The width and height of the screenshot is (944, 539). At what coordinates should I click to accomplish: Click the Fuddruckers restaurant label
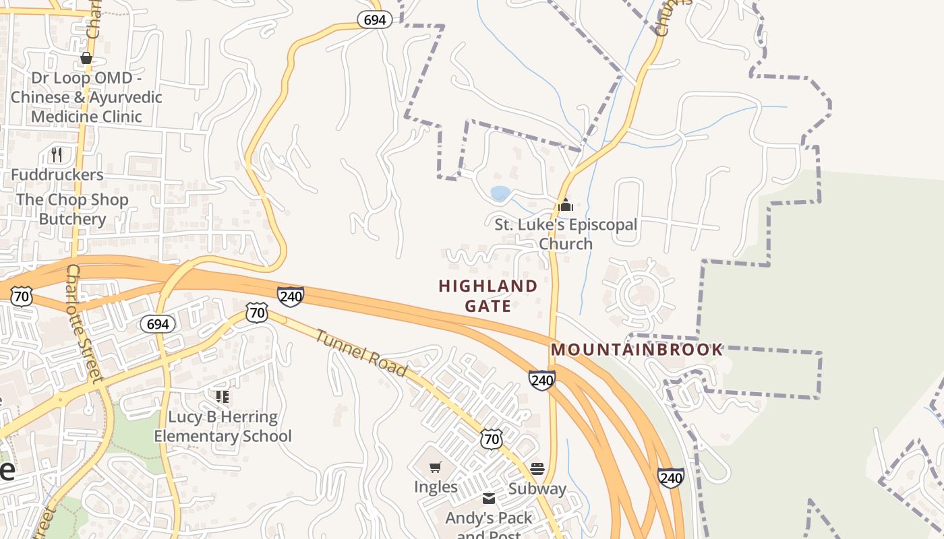pyautogui.click(x=57, y=175)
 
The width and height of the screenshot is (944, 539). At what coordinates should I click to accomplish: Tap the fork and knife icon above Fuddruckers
pyautogui.click(x=57, y=155)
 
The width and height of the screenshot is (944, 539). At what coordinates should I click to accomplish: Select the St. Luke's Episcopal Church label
pyautogui.click(x=566, y=234)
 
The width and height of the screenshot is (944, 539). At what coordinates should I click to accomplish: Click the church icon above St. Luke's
pyautogui.click(x=566, y=205)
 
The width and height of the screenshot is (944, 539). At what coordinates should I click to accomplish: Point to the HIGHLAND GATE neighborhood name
pyautogui.click(x=488, y=296)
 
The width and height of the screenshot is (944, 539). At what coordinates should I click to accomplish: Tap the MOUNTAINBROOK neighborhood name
pyautogui.click(x=637, y=350)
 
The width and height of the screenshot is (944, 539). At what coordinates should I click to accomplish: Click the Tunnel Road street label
pyautogui.click(x=361, y=353)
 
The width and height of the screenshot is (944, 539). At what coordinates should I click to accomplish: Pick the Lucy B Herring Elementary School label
pyautogui.click(x=223, y=426)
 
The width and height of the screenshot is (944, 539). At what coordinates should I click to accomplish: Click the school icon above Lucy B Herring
pyautogui.click(x=223, y=396)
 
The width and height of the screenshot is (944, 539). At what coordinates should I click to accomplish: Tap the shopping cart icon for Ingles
pyautogui.click(x=436, y=467)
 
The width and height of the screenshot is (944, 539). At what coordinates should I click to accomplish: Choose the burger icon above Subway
pyautogui.click(x=537, y=468)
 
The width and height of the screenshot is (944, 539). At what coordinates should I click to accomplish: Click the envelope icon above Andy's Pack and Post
pyautogui.click(x=489, y=499)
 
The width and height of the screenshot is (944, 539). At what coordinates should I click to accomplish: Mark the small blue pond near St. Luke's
pyautogui.click(x=500, y=194)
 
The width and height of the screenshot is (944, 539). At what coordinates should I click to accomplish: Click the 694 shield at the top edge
pyautogui.click(x=374, y=20)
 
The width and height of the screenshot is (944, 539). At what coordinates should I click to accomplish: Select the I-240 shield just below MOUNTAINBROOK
pyautogui.click(x=542, y=380)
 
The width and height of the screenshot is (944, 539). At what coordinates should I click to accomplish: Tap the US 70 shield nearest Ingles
pyautogui.click(x=492, y=439)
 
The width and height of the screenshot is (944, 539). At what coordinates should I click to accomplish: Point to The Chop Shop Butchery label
pyautogui.click(x=72, y=210)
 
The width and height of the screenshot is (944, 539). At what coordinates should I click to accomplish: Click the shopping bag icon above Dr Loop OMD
pyautogui.click(x=86, y=59)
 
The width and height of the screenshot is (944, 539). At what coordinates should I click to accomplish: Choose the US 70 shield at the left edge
pyautogui.click(x=22, y=296)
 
